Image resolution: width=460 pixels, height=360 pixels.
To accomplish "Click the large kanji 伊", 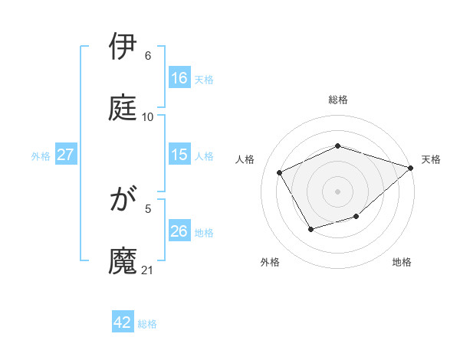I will pos(123,47).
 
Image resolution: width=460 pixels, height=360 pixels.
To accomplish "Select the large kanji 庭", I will pos(123,108).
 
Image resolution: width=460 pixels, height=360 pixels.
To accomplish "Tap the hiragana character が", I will pos(123,200).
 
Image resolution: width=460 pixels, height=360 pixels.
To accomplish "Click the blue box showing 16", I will pos(179,78).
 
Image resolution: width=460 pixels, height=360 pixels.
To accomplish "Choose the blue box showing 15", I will pos(179,155).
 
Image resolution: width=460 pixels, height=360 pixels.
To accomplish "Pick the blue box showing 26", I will pos(179,231).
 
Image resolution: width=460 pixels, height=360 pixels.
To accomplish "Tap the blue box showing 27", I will pos(66,155).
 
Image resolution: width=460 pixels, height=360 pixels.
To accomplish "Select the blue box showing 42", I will pos(123,322).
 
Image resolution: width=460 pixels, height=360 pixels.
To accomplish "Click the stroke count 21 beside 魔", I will pos(149,270).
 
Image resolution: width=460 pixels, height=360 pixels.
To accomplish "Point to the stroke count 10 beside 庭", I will pos(148,116).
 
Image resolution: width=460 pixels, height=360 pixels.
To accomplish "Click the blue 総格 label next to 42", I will pos(147,324).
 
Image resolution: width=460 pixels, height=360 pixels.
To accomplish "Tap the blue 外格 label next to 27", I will pos(41,156).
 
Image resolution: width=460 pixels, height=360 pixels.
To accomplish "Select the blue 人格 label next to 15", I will pos(204,156).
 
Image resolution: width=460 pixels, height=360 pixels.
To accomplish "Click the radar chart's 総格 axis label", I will pos(338,100).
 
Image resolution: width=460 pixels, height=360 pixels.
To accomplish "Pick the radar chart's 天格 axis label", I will pos(431,159).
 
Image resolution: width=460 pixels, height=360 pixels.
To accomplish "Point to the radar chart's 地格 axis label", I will pos(402,262).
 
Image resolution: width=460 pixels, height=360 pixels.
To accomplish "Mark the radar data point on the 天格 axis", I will pos(411,168).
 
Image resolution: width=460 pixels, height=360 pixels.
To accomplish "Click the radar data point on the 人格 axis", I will pos(280,172).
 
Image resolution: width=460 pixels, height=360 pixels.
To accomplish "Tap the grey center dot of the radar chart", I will pos(338,191).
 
